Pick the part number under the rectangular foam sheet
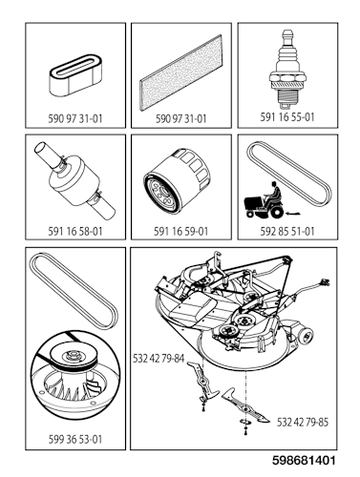point(180,119)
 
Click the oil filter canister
point(178,183)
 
